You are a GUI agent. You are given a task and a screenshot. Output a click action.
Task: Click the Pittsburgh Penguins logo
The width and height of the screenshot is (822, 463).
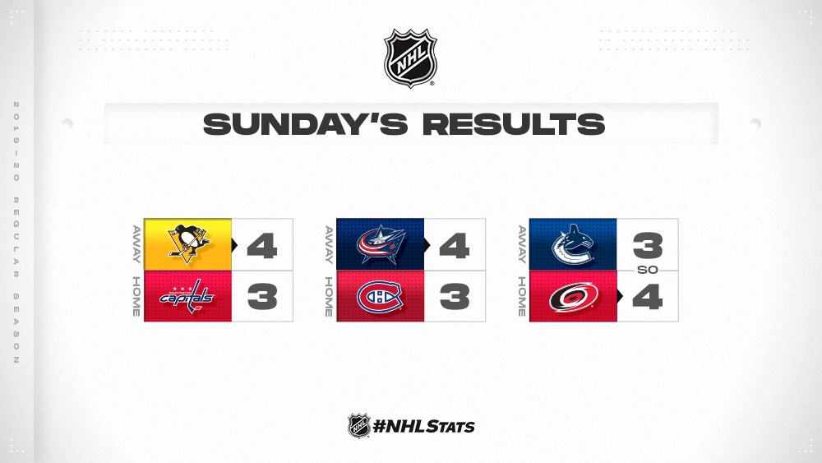188,243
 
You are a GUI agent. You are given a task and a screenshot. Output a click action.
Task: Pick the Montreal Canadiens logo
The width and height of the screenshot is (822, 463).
380,297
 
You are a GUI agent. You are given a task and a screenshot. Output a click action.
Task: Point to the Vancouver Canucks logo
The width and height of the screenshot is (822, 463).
573,244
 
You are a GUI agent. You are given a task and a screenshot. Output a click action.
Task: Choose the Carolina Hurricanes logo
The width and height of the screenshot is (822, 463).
574,297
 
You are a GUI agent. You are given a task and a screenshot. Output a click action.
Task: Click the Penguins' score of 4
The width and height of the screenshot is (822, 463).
261,245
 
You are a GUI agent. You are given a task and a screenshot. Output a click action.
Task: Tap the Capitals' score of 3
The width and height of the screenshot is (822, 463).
262,297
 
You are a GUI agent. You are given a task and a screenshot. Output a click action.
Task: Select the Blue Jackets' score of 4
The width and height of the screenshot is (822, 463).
455,245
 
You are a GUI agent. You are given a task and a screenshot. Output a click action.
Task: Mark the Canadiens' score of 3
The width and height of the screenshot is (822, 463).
455,297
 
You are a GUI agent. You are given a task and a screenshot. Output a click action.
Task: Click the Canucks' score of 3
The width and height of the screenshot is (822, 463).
648,245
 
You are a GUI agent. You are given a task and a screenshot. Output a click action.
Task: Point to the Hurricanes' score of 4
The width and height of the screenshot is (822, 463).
648,297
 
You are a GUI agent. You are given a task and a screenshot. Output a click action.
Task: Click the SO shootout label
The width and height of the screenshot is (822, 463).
648,270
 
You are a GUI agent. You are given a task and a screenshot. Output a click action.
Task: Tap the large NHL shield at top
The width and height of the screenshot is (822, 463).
410,58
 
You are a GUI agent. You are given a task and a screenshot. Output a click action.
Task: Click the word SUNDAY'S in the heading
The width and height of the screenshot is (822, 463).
306,124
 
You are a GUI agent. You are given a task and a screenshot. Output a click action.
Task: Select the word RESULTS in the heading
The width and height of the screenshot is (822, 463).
514,124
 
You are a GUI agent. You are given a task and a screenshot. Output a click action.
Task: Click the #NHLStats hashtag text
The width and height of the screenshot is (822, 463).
423,426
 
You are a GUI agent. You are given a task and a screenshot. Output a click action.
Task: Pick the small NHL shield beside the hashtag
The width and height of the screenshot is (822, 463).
359,425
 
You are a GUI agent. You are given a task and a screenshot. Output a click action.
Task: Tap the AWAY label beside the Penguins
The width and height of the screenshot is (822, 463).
136,244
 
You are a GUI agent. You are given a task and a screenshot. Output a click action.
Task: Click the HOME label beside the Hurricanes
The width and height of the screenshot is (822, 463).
522,297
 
